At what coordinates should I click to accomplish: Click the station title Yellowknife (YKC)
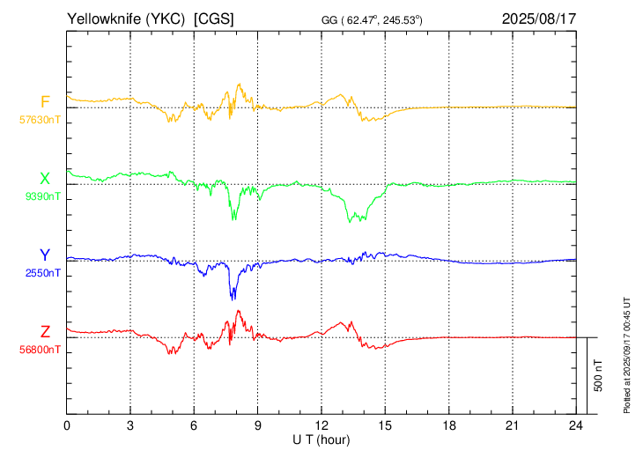tap(126, 18)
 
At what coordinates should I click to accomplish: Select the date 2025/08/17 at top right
tap(539, 18)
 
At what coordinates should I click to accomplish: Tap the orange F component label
tap(45, 101)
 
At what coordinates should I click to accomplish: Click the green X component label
tap(45, 179)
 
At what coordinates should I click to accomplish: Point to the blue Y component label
tap(45, 255)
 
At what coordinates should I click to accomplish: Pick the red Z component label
tap(45, 332)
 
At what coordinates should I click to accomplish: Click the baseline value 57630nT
tap(40, 120)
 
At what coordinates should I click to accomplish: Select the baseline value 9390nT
tap(42, 196)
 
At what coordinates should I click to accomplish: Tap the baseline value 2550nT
tap(42, 273)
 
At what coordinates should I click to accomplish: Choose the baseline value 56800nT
tap(40, 350)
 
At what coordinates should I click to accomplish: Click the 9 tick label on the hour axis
tap(257, 426)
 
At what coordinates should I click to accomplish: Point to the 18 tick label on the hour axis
tap(449, 426)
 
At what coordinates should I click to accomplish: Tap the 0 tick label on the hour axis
tap(67, 426)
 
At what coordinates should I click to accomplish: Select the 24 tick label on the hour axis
tap(576, 426)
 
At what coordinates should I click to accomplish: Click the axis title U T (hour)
tap(321, 440)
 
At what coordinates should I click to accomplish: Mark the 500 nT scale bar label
tap(598, 375)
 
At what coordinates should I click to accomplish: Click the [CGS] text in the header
tap(214, 18)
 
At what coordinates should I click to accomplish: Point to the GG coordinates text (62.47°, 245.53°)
tap(372, 19)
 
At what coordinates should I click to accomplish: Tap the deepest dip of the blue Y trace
tap(233, 299)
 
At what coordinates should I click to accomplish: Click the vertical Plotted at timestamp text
tap(626, 355)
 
